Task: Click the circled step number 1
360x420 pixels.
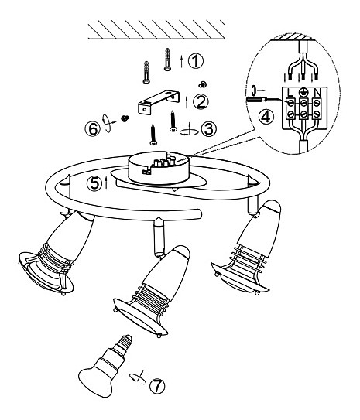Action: (196, 61)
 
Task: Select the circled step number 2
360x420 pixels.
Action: (201, 101)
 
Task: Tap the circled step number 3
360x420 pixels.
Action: (209, 129)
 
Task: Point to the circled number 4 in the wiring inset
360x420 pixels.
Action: (266, 117)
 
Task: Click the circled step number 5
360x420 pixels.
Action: (94, 184)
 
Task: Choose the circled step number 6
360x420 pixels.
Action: (93, 129)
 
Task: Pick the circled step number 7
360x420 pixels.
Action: (157, 386)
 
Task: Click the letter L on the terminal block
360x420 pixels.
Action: (290, 93)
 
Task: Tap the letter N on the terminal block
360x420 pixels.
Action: (317, 93)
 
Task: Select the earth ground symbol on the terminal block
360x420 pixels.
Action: (303, 92)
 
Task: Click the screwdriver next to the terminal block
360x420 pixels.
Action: (256, 99)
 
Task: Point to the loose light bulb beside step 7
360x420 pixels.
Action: (106, 366)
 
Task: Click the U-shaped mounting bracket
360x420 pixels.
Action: (159, 103)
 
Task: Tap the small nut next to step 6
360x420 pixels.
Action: (125, 118)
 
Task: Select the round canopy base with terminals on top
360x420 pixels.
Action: (159, 168)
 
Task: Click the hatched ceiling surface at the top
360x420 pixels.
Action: (156, 29)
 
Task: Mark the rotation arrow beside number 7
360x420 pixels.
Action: (138, 378)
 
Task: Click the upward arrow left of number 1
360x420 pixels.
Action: (181, 61)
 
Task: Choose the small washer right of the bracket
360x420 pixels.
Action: (203, 84)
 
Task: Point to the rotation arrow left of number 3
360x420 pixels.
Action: (189, 130)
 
